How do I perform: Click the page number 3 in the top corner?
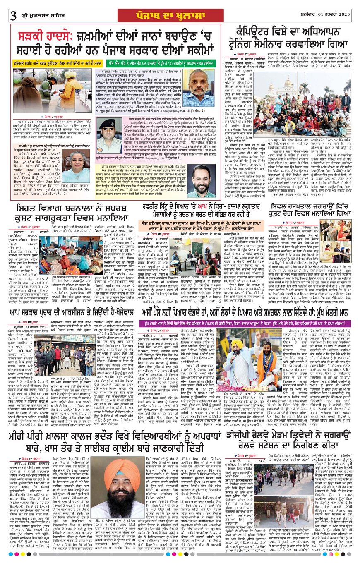[13, 16]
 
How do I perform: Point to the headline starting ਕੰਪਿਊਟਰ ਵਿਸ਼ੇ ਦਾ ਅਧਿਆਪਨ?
[290, 37]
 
